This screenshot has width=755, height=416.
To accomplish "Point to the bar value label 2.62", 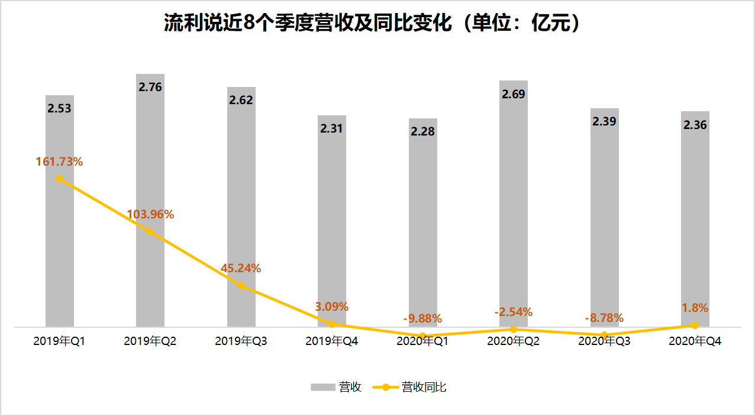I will pos(241,100).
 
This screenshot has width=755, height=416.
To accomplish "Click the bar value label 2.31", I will pos(332,128).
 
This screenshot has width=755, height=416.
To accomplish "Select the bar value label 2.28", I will pos(422,131).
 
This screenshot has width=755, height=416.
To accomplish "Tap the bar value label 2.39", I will pos(604,121).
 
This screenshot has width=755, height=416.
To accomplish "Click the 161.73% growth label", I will pos(59,161).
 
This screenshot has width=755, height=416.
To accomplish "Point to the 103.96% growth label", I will pos(150,214).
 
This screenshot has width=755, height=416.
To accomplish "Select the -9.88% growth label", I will pos(422,318).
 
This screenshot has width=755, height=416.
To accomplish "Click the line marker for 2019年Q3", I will pos(241,285).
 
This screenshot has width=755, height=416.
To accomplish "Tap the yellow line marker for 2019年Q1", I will pos(59,179).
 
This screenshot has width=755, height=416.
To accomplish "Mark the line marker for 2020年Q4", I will pos(695,325).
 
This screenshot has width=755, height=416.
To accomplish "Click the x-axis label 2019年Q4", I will pos(332,341).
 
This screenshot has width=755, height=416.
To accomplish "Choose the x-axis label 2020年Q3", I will pos(604,341).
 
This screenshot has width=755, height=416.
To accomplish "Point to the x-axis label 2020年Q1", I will pos(422,341).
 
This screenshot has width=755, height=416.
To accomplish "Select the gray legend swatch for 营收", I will pos(322,387).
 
